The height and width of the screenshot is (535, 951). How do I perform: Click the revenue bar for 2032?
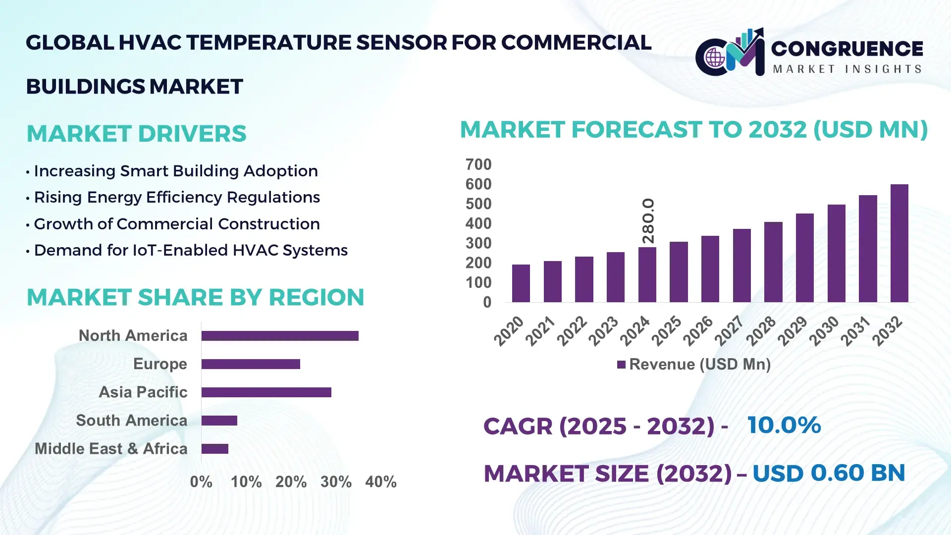(x=899, y=243)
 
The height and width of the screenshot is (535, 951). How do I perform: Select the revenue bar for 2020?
(x=521, y=283)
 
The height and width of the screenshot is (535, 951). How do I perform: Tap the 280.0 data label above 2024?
(x=648, y=221)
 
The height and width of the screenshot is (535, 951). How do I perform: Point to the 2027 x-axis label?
(x=729, y=330)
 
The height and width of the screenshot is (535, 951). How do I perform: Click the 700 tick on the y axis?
(x=478, y=164)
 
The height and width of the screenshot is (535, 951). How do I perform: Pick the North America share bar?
(x=280, y=336)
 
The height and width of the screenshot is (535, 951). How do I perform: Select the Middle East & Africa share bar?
(x=214, y=449)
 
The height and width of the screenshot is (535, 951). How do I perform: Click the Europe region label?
(x=160, y=364)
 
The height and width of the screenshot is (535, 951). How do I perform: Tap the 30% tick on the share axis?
(x=336, y=482)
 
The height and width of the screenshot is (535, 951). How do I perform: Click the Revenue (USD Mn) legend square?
(x=621, y=365)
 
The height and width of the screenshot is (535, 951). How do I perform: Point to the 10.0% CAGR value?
(x=784, y=426)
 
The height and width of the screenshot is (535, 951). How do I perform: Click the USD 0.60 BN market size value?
(x=829, y=473)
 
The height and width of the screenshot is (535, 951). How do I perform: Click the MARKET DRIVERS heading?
(x=136, y=134)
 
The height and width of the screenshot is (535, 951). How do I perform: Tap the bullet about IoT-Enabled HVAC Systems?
(x=190, y=251)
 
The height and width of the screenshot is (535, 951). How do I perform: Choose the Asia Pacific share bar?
(x=266, y=392)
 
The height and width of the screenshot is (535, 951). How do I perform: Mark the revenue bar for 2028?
(x=773, y=262)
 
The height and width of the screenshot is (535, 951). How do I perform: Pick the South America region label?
(x=131, y=421)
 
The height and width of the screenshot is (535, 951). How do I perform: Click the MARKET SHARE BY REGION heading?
(x=195, y=298)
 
